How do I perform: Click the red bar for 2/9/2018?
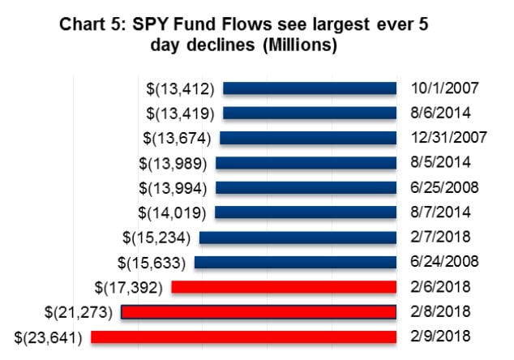243,336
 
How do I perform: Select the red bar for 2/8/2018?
258,311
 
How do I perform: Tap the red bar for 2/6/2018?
284,287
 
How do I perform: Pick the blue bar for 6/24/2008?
295,262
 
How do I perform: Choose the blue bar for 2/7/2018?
298,238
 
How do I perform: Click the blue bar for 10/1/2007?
309,88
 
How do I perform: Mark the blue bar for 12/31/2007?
307,138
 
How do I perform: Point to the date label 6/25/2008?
443,187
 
